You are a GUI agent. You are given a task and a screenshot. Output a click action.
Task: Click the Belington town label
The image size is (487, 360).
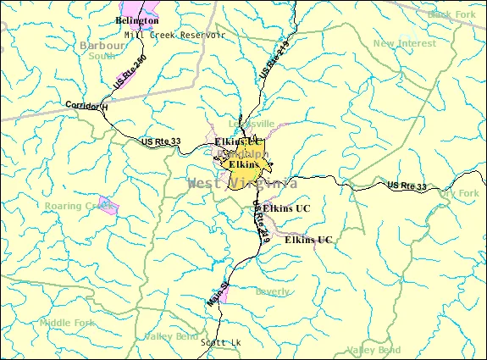pos(136,19)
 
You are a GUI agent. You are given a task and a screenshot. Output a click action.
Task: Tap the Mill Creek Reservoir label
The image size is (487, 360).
pos(174,35)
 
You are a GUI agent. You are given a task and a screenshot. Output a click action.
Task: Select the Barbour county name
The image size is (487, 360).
pos(102,45)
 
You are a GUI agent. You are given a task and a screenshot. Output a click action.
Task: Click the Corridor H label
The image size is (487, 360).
pos(86,106)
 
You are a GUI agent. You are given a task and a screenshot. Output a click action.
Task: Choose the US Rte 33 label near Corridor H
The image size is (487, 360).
pos(161,141)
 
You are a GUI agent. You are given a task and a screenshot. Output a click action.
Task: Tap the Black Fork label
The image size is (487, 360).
pos(452,14)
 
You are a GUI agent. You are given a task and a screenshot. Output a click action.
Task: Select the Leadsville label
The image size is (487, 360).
pos(259,124)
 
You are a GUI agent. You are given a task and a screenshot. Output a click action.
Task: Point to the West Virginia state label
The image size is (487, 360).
pos(242,183)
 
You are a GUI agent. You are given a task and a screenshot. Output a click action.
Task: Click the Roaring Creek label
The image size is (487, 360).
pos(78,205)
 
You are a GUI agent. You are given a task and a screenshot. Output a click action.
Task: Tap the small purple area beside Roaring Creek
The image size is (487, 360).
pos(108,208)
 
